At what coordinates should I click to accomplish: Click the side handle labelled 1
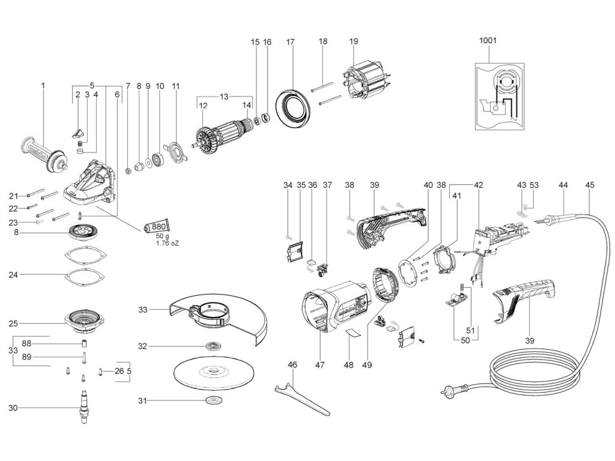pyautogui.click(x=44, y=154)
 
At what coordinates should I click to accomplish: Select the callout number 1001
pyautogui.click(x=488, y=40)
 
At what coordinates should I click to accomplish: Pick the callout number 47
pyautogui.click(x=320, y=364)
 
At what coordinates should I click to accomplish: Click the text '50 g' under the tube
pyautogui.click(x=162, y=236)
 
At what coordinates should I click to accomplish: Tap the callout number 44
pyautogui.click(x=563, y=185)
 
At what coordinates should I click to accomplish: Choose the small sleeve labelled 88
pyautogui.click(x=84, y=344)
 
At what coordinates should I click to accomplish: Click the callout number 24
pyautogui.click(x=13, y=275)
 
